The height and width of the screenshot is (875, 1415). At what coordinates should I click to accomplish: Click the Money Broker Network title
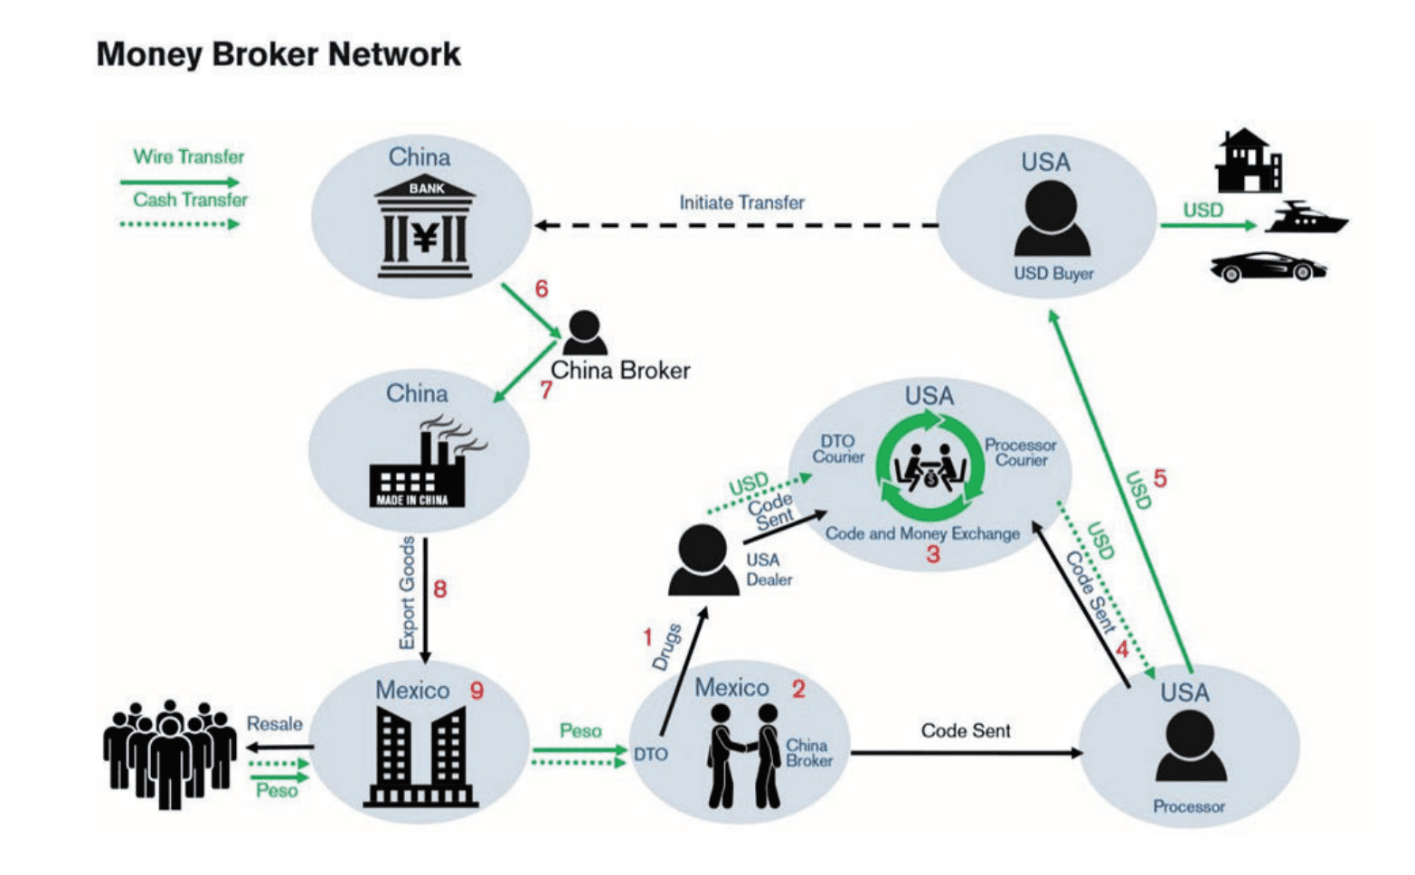click(x=278, y=54)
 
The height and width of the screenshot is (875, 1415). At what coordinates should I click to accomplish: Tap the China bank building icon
click(x=425, y=226)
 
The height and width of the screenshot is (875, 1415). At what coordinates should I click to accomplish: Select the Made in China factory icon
click(x=422, y=463)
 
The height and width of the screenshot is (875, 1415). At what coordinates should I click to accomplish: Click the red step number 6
click(x=542, y=289)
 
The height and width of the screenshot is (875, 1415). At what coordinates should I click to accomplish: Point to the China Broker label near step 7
click(x=620, y=371)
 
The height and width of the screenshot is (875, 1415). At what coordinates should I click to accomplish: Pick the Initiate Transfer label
click(x=741, y=202)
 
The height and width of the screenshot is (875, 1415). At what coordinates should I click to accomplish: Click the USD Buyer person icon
click(x=1052, y=219)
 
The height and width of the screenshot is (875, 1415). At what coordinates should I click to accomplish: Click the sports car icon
click(x=1268, y=267)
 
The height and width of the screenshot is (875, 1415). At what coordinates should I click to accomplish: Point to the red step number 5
click(x=1160, y=478)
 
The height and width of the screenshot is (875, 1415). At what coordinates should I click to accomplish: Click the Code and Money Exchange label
click(x=922, y=533)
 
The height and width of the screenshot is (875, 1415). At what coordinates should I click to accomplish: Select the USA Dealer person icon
click(x=703, y=560)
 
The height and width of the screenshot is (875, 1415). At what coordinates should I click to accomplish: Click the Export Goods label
click(x=408, y=592)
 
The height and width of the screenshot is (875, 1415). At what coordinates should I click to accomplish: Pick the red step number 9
click(x=476, y=691)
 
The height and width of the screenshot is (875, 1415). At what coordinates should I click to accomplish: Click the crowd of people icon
click(x=170, y=752)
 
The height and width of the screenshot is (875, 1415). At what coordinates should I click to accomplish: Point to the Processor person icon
click(x=1191, y=747)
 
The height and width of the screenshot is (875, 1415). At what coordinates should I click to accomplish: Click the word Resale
click(x=275, y=724)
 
